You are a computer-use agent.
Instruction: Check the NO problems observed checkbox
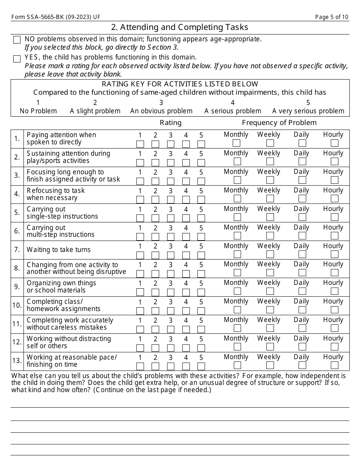coord(17,40)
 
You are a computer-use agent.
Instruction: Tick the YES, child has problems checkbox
coord(17,59)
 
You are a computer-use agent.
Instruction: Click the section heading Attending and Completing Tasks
coord(180,27)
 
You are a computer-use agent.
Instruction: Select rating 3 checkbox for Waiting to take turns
coord(171,255)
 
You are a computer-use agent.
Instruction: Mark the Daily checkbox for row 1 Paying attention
coord(302,143)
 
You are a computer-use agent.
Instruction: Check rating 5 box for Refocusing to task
coord(201,200)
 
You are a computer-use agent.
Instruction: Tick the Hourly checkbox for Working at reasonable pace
coord(334,365)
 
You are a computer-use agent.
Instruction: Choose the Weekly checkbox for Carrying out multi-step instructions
coord(270,236)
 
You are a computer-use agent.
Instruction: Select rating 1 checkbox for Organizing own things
coord(140,292)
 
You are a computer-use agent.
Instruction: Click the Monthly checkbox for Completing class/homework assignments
coord(237,310)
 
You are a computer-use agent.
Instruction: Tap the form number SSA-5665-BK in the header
coord(56,17)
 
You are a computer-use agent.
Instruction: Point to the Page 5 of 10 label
coord(332,17)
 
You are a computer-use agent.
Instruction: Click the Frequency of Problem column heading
coord(279,123)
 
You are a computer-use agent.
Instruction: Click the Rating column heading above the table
coord(171,123)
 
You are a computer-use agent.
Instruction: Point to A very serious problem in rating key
coord(308,111)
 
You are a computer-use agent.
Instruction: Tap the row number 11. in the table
coord(17,324)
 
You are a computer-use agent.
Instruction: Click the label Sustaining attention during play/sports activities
coord(68,157)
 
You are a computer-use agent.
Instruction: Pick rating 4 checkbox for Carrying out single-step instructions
coord(186,218)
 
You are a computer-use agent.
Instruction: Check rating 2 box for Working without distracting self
coord(155,348)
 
